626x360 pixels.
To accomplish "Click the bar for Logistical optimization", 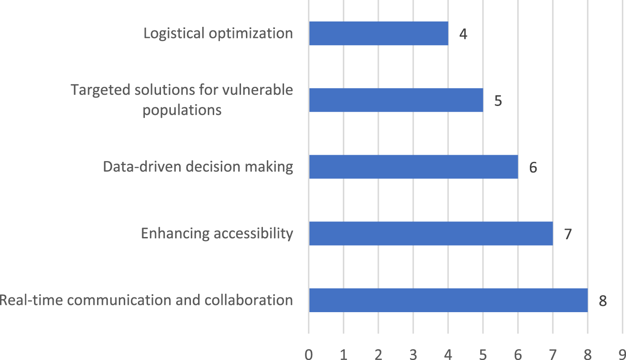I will pos(378,34).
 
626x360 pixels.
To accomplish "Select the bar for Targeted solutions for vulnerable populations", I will pos(396,100).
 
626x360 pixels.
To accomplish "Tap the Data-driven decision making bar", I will pos(413,167).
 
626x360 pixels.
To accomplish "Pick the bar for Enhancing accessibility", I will pos(431,233).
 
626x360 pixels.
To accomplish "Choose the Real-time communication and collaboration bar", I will pos(448,300).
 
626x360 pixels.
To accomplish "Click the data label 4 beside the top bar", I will pos(463,34).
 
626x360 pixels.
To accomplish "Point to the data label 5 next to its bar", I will pos(498,101).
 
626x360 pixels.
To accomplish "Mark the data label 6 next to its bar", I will pos(533,168).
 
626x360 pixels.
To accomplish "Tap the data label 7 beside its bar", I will pos(568,234).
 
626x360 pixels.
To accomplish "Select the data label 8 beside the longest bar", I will pos(603,301).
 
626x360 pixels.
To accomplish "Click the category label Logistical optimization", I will pos(218,34).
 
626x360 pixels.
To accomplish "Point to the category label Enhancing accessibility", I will pos(217,233).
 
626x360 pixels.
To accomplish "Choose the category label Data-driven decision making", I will pos(198,167).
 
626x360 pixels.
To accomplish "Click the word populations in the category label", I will pos(182,110).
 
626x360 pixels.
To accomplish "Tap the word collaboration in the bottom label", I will pos(249,300).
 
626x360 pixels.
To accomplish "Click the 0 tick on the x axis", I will pos(309,355).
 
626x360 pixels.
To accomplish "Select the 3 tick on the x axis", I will pos(413,355).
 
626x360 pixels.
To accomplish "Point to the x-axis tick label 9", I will pos(622,355).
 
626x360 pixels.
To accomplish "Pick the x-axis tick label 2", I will pos(378,355).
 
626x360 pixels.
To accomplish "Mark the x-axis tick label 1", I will pos(343,355).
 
